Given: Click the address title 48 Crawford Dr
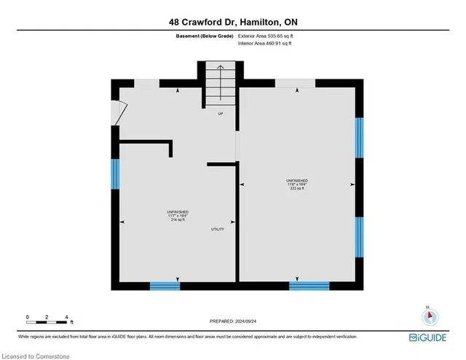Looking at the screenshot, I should tap(233, 20).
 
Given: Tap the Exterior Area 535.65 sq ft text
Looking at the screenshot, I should tap(269, 36).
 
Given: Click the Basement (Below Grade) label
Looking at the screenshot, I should tap(204, 36).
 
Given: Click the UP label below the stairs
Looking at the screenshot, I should tap(219, 114).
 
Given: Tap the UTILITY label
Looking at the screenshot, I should tap(217, 230).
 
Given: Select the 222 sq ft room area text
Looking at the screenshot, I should tap(297, 188).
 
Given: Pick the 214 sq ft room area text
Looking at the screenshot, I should tap(178, 219).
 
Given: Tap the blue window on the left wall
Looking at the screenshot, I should tap(115, 174).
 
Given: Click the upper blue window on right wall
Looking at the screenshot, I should tap(358, 137).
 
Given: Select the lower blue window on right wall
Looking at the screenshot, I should tap(358, 237).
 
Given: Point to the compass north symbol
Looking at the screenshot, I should tap(429, 316).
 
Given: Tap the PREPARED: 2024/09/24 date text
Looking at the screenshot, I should tap(233, 321).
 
